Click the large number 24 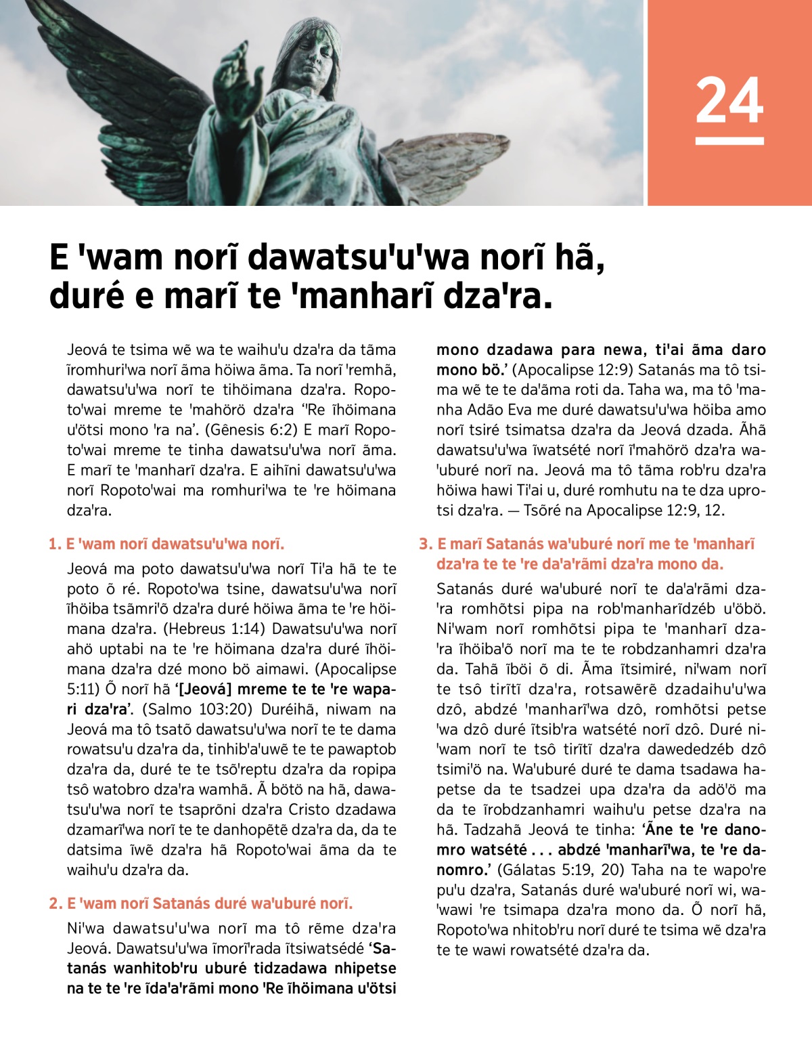(729, 101)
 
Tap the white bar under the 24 (729, 141)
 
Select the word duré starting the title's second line (87, 297)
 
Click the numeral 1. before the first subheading (55, 544)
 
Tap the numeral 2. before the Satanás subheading (55, 903)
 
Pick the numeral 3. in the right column (425, 544)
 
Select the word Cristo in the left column (313, 810)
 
